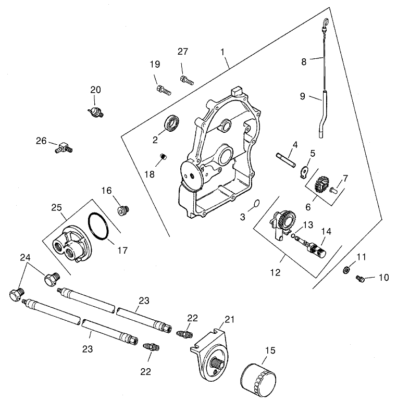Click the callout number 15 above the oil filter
pyautogui.click(x=269, y=352)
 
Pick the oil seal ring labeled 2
pyautogui.click(x=172, y=124)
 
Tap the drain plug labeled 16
pyautogui.click(x=123, y=209)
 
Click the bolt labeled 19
pyautogui.click(x=162, y=90)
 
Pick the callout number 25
pyautogui.click(x=57, y=207)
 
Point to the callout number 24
pyautogui.click(x=25, y=257)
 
